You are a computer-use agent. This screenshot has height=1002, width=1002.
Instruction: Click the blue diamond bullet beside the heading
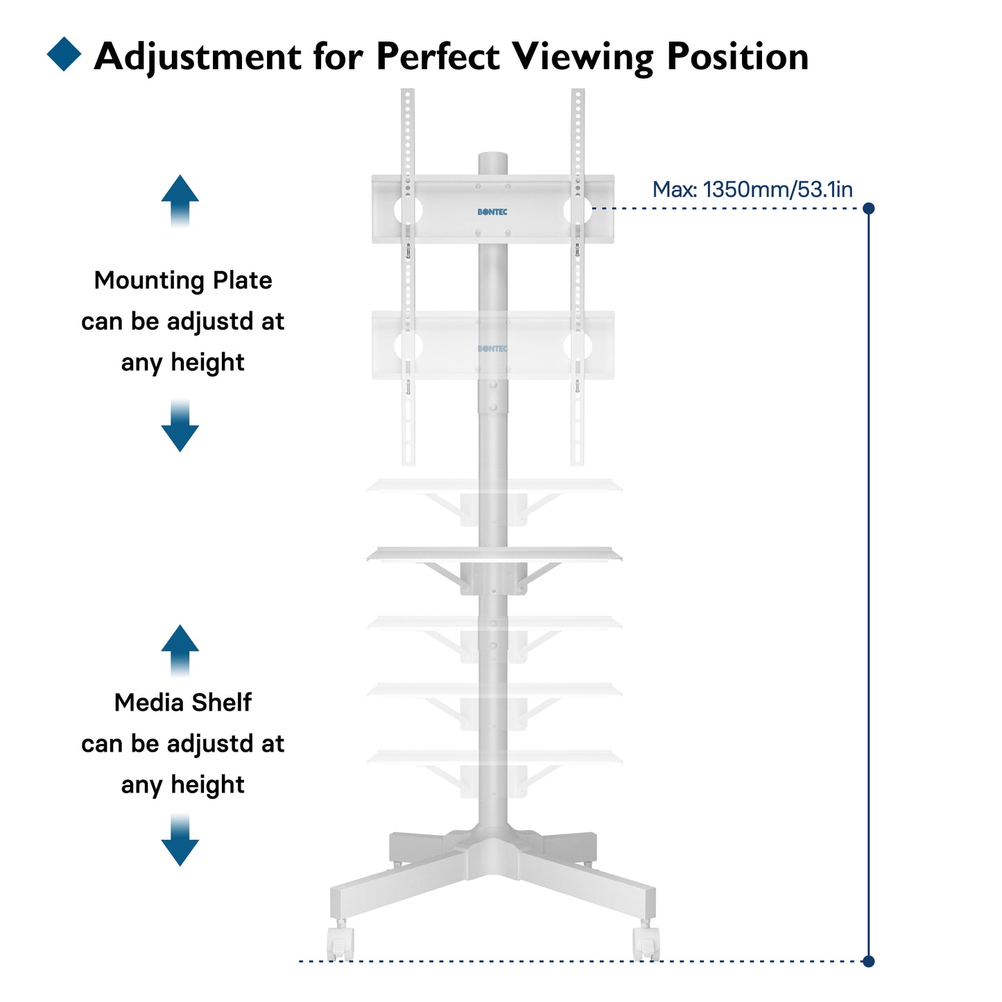click(x=64, y=54)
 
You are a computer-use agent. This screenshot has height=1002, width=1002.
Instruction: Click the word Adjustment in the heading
click(x=198, y=57)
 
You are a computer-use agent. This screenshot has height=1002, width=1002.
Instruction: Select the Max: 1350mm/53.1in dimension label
click(x=752, y=189)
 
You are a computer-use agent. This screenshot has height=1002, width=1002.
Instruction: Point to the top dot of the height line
click(x=868, y=208)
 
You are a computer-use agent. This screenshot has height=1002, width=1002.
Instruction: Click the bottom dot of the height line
click(x=868, y=961)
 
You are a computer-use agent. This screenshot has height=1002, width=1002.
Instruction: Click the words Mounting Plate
click(x=183, y=281)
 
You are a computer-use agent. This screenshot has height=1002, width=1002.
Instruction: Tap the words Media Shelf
click(x=183, y=703)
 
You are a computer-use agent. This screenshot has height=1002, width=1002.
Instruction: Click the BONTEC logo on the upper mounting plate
click(x=492, y=212)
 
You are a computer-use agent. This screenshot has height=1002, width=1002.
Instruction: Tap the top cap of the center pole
click(x=492, y=158)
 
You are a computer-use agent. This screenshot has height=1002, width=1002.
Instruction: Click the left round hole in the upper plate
click(x=408, y=209)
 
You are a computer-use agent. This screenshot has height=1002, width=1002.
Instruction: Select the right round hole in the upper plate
click(x=578, y=209)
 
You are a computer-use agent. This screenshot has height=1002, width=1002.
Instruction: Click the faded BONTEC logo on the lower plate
click(x=492, y=349)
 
